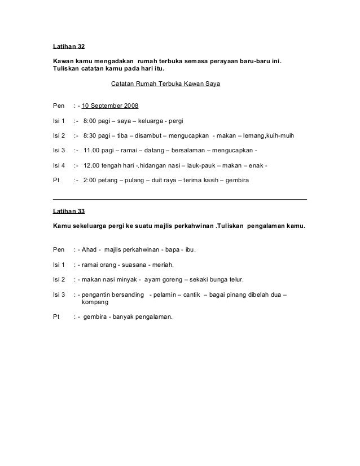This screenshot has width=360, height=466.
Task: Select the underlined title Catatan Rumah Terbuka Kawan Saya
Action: point(165,85)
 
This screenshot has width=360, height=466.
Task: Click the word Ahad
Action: point(91,249)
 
